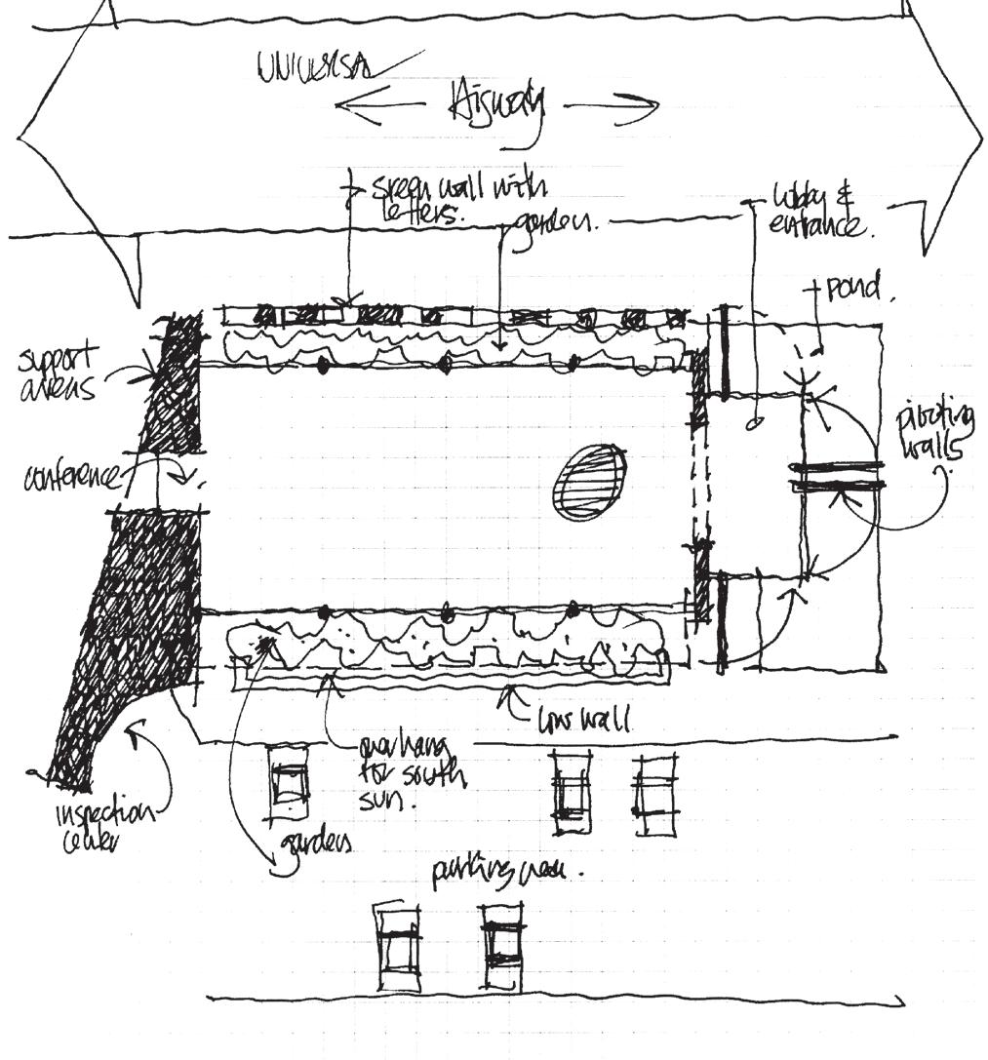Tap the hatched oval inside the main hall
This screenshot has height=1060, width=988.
[x=590, y=481]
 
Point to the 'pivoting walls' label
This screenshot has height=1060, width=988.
[x=936, y=433]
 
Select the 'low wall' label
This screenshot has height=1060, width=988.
[x=585, y=721]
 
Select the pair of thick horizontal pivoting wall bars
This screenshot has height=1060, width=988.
[x=837, y=475]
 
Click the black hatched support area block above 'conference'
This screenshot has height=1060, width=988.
[x=170, y=384]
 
